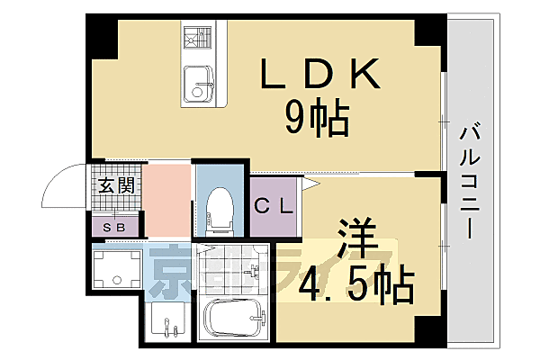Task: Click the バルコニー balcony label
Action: [470, 179]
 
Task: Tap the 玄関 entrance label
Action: [116, 188]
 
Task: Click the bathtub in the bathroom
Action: [233, 319]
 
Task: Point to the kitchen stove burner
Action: [195, 40]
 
